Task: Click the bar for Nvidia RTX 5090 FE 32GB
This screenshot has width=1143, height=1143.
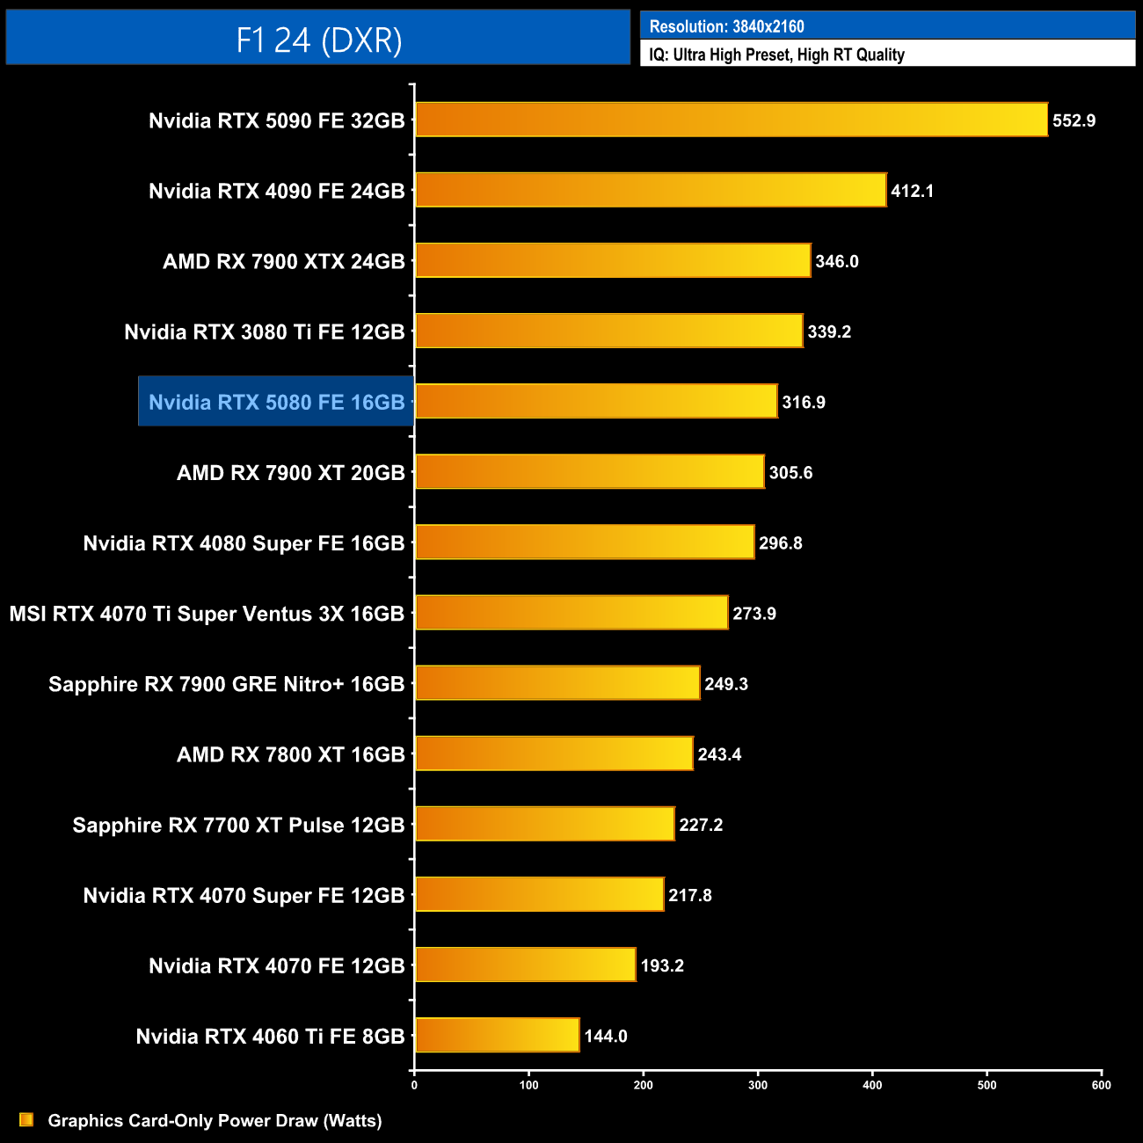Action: click(732, 120)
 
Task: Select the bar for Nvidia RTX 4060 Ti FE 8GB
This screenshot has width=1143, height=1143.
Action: click(498, 1035)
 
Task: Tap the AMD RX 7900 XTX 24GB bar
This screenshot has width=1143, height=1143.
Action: click(613, 260)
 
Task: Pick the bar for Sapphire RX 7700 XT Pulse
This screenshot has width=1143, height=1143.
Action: click(545, 824)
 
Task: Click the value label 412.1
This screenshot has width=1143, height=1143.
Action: click(912, 191)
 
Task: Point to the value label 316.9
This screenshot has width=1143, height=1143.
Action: click(804, 402)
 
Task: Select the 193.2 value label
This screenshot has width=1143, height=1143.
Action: click(662, 965)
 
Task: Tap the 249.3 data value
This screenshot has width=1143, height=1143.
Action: click(726, 684)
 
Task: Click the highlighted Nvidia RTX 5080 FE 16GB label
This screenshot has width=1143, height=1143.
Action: click(276, 402)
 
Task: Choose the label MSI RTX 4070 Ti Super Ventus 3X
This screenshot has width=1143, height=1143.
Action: click(207, 614)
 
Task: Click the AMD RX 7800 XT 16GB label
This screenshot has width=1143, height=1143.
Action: click(291, 754)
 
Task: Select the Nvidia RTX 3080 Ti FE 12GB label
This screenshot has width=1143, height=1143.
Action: click(265, 331)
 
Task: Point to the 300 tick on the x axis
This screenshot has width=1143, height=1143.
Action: click(758, 1085)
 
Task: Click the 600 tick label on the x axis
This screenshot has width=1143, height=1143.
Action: click(1101, 1085)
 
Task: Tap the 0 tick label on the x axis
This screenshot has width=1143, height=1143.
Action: click(414, 1085)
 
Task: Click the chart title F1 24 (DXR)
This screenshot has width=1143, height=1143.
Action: click(318, 40)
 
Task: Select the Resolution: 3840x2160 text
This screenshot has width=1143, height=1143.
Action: click(726, 26)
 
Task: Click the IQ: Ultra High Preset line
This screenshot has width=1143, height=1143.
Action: click(776, 55)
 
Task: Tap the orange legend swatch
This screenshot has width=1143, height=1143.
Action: click(26, 1119)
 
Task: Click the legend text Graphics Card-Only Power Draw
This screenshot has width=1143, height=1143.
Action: click(215, 1120)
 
